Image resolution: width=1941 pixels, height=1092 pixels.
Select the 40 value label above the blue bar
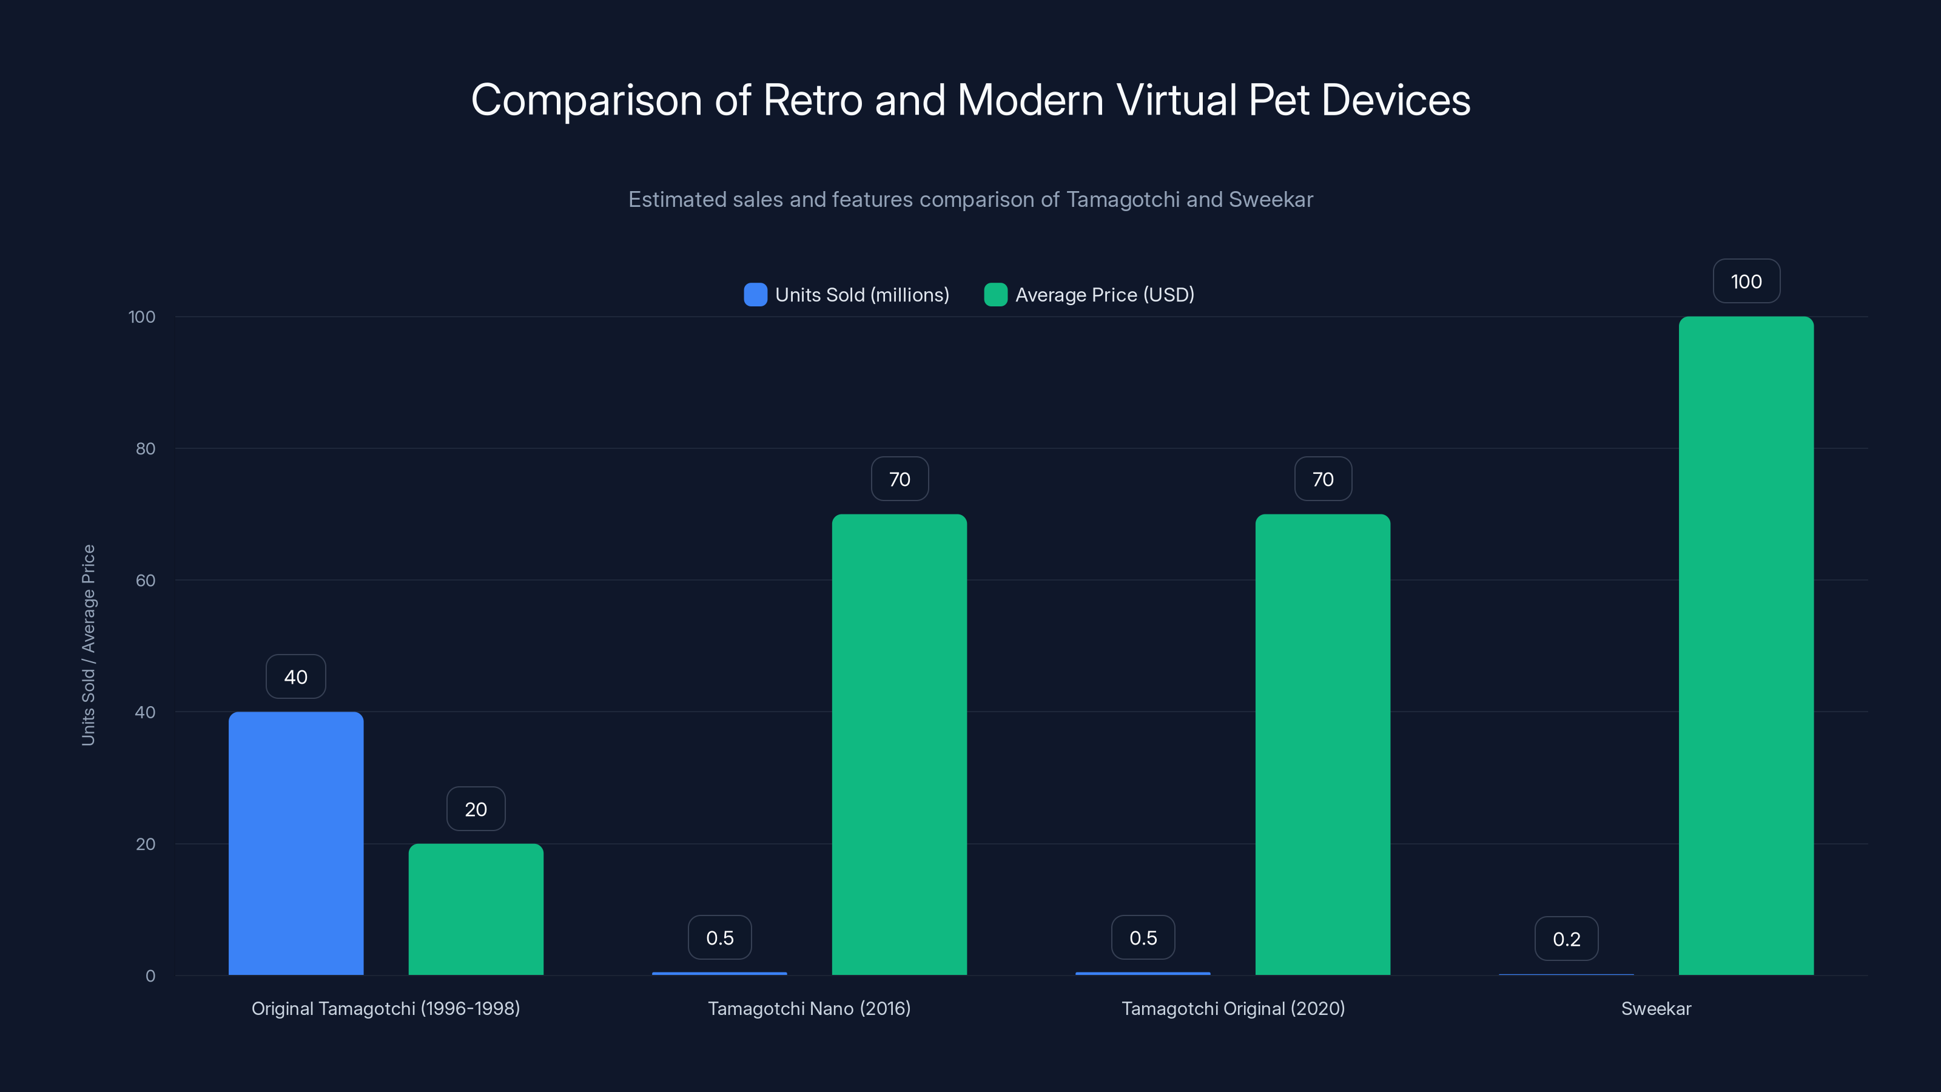295,677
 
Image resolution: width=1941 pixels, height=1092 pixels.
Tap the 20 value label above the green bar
476,809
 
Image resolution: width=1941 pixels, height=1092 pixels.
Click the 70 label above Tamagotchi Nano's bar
899,479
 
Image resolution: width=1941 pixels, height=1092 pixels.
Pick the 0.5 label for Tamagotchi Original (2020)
1142,937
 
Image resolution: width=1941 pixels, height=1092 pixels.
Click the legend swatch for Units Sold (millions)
755,295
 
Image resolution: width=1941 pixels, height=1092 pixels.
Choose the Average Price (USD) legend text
1104,295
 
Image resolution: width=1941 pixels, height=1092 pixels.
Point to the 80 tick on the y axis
145,448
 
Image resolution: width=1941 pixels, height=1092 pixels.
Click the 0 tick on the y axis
150,976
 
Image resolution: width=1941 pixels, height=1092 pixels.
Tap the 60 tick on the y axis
145,581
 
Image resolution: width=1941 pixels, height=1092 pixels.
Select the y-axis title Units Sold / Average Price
88,645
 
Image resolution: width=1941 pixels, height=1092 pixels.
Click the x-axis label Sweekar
1655,1008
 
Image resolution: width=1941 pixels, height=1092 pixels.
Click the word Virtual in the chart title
1176,99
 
